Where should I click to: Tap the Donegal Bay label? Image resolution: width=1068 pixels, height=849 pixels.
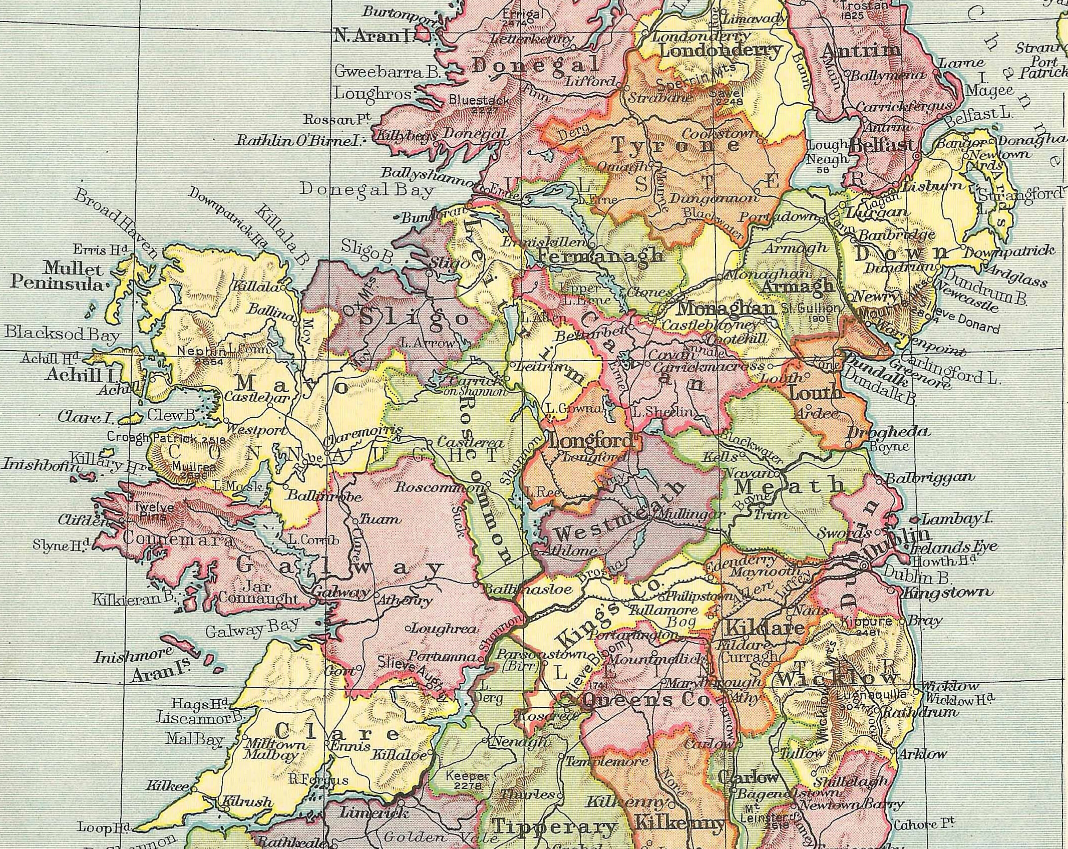(x=367, y=190)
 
